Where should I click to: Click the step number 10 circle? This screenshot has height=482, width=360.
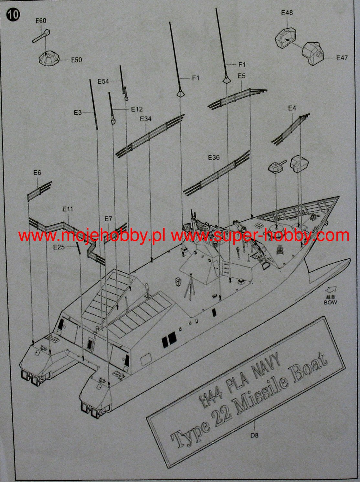click(13, 15)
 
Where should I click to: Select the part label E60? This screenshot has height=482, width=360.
click(41, 21)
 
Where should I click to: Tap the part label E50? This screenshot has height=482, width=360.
click(77, 60)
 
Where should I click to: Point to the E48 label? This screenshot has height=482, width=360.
click(287, 13)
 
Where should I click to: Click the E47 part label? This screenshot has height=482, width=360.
click(342, 58)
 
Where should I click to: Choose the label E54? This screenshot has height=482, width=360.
click(103, 81)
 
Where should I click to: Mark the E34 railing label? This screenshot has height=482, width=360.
click(146, 119)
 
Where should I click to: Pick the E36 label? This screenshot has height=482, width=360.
click(214, 157)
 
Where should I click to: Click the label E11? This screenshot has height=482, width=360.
click(68, 209)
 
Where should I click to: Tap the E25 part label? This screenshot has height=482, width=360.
click(59, 247)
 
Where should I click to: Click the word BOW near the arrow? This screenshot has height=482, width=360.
click(330, 302)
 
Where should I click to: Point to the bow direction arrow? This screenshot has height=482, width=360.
click(331, 290)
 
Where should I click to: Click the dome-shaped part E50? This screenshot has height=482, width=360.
click(49, 58)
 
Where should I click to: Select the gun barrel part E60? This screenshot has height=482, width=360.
click(41, 36)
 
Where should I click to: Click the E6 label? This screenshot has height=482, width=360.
click(37, 173)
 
